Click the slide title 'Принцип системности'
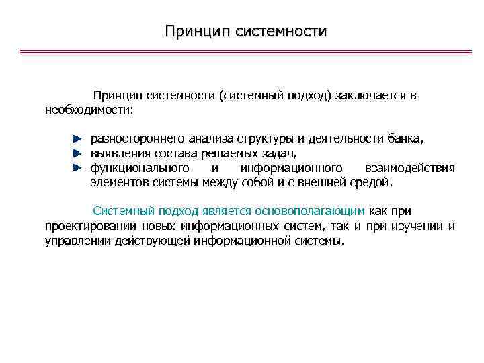click(x=245, y=32)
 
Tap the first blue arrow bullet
click(x=77, y=138)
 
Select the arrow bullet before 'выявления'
click(x=77, y=153)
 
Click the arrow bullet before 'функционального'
click(x=77, y=167)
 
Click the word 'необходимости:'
click(x=89, y=109)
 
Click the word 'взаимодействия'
click(x=409, y=167)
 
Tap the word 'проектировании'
click(x=89, y=225)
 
